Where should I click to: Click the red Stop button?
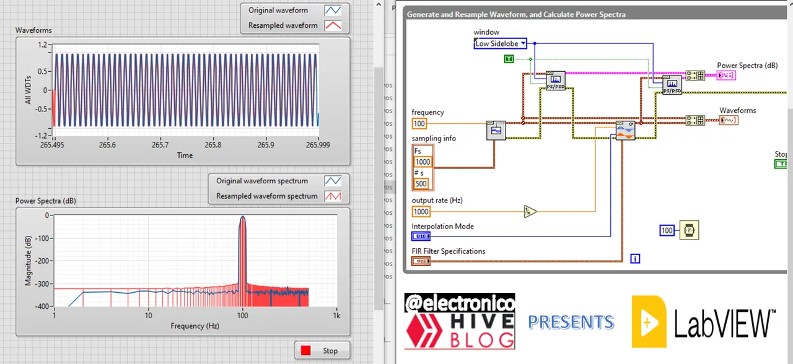point(322,350)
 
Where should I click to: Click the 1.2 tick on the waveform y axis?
point(43,45)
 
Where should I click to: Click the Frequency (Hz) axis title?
point(196,326)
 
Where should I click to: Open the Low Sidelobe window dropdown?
point(501,43)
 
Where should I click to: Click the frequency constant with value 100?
point(419,123)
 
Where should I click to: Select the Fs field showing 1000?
point(423,162)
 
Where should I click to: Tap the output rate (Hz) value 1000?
point(421,211)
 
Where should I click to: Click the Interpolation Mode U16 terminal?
point(421,236)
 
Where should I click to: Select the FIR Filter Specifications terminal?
point(421,261)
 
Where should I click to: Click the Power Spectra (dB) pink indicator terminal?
point(726,76)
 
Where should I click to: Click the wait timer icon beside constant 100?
point(688,230)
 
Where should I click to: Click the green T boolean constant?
point(509,59)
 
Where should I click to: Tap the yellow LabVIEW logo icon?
point(648,321)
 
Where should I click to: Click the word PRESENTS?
point(571,322)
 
